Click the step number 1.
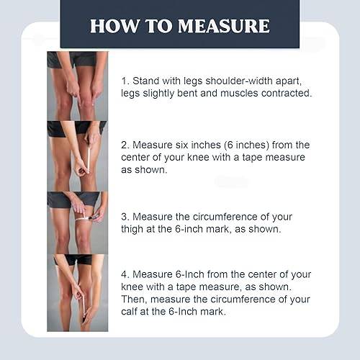[x=125, y=81]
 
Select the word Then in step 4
[x=135, y=300]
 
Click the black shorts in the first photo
[x=78, y=59]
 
